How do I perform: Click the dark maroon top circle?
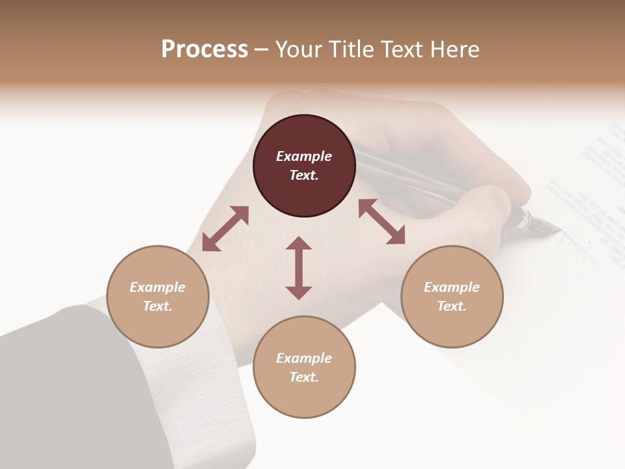304,165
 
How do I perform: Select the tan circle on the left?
158,296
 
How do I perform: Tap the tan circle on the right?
452,296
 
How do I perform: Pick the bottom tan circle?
304,367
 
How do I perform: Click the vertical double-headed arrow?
299,268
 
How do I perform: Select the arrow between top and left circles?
225,229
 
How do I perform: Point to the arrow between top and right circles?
382,221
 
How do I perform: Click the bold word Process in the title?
204,50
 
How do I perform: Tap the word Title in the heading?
352,50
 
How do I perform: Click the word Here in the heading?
454,50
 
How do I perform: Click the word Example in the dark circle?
304,156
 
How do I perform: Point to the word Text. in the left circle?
158,306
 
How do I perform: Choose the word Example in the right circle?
452,287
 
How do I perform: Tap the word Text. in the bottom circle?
304,377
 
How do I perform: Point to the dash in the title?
262,50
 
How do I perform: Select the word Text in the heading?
403,50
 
